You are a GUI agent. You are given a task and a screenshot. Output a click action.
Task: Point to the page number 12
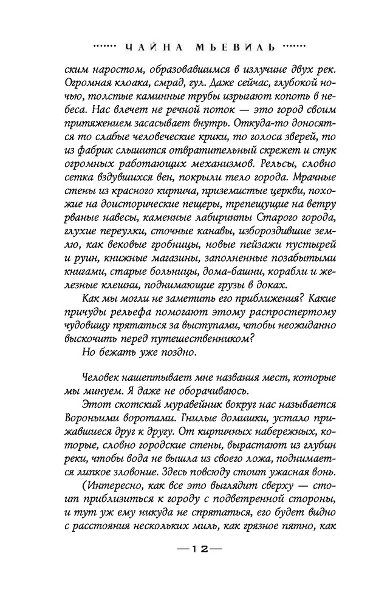click(188, 565)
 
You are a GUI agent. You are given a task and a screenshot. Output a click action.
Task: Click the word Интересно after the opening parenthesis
click(116, 492)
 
